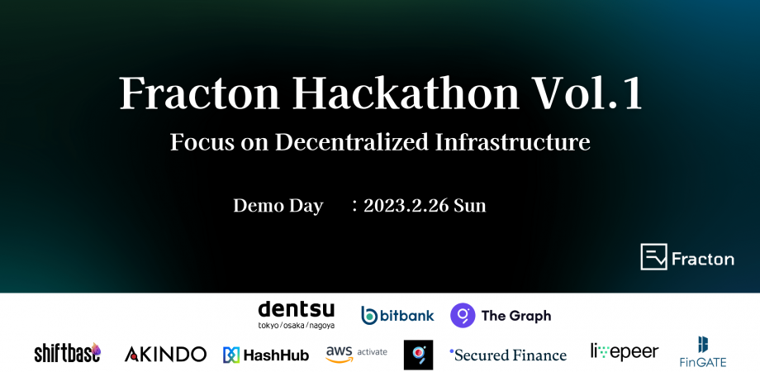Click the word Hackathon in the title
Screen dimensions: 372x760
point(404,93)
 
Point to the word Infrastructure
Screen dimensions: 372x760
point(513,141)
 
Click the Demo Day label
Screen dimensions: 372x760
point(278,206)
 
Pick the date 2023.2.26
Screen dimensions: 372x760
point(406,206)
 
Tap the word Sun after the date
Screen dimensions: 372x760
point(469,206)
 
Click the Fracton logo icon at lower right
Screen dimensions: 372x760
point(653,257)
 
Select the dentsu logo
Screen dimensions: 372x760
point(297,310)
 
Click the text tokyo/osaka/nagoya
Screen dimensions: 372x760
point(297,325)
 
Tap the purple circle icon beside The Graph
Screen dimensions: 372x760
point(463,315)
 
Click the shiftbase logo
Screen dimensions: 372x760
point(68,353)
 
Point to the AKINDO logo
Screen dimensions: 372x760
point(165,354)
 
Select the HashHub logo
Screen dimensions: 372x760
point(265,355)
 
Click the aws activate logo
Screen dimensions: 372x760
point(356,353)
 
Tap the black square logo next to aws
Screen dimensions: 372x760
point(418,355)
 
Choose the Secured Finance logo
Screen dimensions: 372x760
point(508,355)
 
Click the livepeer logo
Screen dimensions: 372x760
point(625,351)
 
